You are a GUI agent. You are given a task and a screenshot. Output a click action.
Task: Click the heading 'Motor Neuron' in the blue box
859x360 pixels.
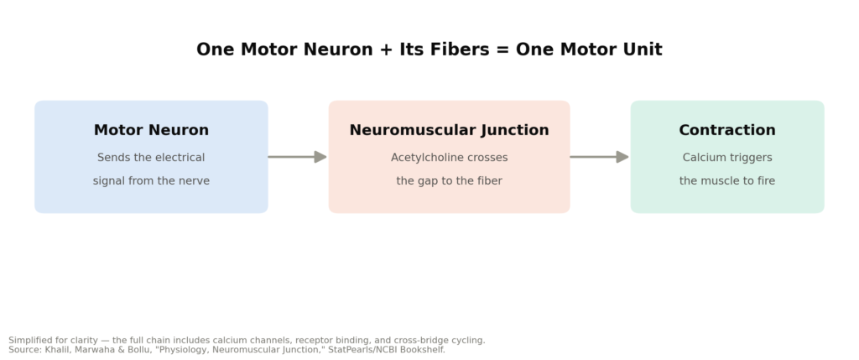(x=151, y=130)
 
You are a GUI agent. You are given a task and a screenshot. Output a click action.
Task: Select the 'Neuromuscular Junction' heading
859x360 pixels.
(x=450, y=130)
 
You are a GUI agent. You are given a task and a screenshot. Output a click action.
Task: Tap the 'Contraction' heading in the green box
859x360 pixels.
(x=727, y=130)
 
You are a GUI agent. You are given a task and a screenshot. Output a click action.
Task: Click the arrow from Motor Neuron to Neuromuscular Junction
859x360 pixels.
(x=298, y=157)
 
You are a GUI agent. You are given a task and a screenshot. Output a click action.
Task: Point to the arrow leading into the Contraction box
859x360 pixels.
(x=599, y=157)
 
